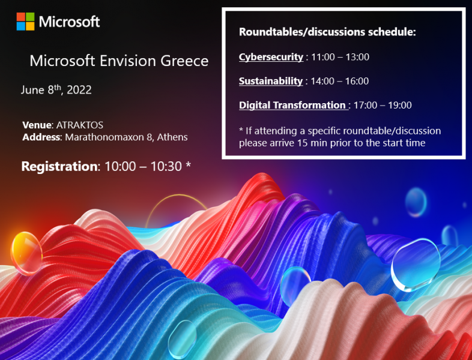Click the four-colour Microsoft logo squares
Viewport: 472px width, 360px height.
click(x=26, y=22)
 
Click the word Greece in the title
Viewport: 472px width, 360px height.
click(x=184, y=61)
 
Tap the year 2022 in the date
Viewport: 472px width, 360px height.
click(x=79, y=90)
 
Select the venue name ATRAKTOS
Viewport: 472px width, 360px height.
click(x=80, y=125)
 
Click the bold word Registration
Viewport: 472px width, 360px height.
click(x=59, y=166)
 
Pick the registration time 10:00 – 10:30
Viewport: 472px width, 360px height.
click(x=143, y=166)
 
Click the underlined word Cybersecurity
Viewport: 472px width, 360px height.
click(x=271, y=57)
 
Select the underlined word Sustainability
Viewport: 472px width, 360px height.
click(x=271, y=81)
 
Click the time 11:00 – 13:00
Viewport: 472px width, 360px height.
click(x=340, y=57)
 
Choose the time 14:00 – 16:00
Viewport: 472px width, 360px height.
click(x=339, y=81)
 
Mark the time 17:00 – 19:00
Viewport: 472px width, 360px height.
click(x=383, y=105)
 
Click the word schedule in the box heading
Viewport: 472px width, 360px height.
click(x=392, y=32)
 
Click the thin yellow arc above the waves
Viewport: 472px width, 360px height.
click(x=177, y=196)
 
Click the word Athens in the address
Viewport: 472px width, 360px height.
click(x=172, y=137)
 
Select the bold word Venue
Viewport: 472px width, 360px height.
click(x=37, y=125)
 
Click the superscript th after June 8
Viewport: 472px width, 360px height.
click(x=58, y=88)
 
